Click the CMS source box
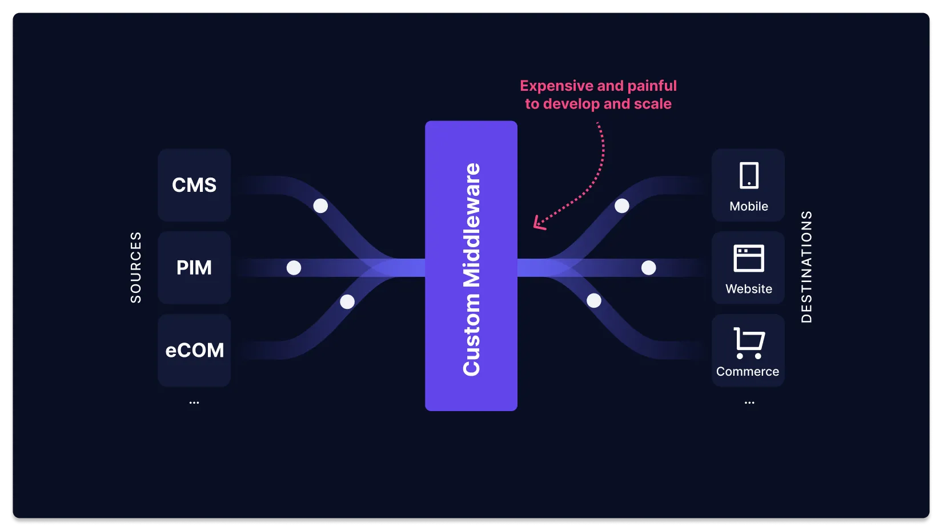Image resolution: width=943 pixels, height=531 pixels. (194, 185)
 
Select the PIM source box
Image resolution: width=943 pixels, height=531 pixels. (194, 267)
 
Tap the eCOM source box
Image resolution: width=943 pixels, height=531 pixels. (194, 350)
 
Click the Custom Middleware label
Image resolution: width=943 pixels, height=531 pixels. (471, 269)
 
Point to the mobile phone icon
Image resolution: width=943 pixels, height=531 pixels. (749, 175)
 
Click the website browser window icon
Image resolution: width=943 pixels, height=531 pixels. (748, 258)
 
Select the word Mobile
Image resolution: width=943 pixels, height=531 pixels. (748, 206)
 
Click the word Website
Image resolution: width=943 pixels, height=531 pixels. (748, 289)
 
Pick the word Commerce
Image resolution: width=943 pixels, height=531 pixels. (747, 372)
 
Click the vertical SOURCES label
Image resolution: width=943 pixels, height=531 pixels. (135, 267)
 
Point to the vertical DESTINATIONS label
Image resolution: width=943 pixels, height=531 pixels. (806, 267)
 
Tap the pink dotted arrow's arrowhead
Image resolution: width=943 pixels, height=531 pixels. (537, 223)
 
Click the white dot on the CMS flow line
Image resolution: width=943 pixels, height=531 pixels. (320, 206)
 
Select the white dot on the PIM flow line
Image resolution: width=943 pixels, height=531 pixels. (294, 267)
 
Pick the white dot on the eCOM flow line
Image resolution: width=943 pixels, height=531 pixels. (347, 301)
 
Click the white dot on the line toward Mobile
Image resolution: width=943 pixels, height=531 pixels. (621, 206)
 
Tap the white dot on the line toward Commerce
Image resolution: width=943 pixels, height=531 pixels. (594, 300)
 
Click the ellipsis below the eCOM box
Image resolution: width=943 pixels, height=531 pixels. (194, 403)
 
